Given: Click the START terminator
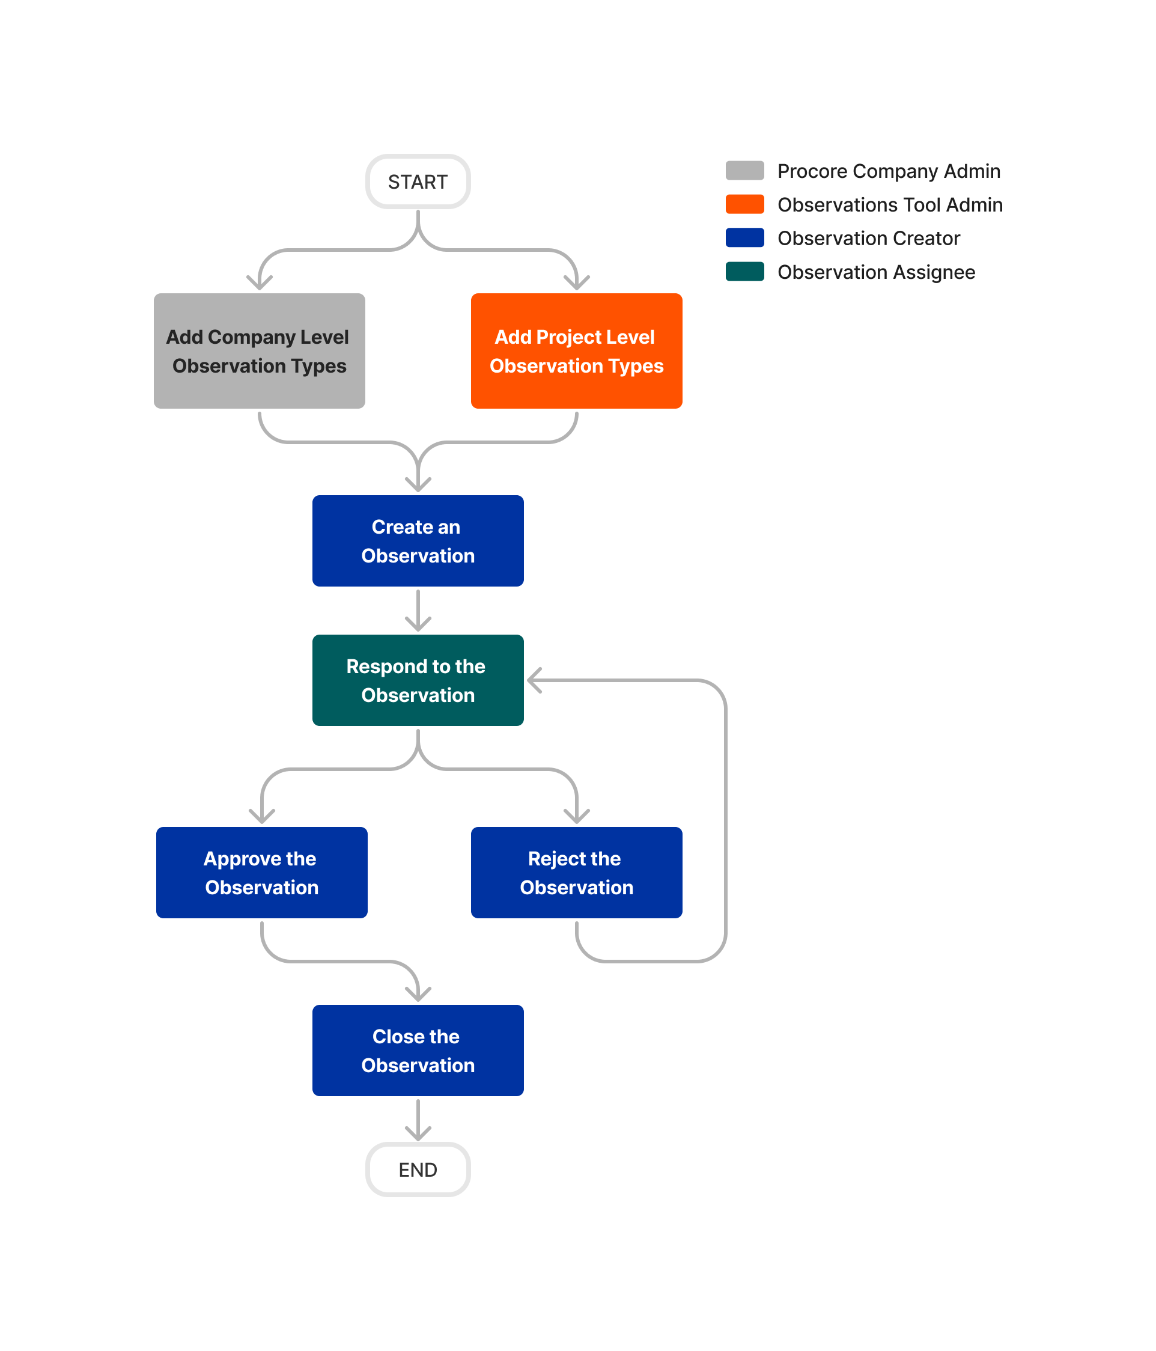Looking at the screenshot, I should [418, 182].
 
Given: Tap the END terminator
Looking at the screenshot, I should [418, 1169].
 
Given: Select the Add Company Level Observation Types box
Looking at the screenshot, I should [259, 351].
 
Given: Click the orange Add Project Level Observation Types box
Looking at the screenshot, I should [576, 351].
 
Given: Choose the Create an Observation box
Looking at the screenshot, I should [418, 540].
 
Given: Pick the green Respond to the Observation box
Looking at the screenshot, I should [418, 680].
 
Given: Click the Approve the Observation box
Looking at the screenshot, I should [261, 873].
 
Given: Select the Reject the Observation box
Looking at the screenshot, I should [576, 873].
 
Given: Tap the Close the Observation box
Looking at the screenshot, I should [418, 1050].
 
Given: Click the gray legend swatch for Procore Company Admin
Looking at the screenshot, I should [744, 171].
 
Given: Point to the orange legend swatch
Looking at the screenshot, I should [744, 204].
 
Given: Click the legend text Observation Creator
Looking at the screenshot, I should [868, 238].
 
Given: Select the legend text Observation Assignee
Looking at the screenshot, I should [875, 272].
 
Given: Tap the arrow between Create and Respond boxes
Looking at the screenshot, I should [418, 611].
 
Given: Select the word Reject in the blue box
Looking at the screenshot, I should [550, 859].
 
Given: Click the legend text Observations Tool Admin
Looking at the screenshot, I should [889, 205].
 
